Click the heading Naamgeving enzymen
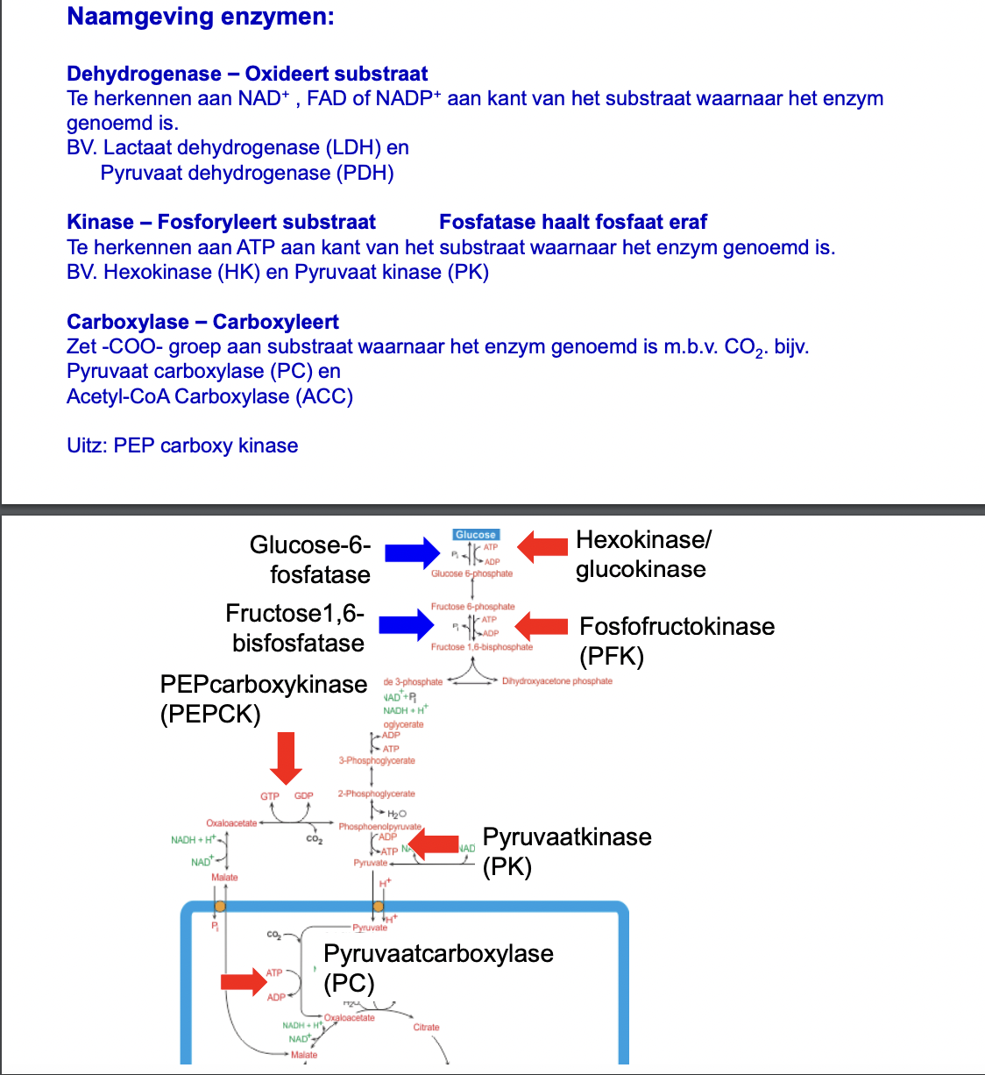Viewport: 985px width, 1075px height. [200, 17]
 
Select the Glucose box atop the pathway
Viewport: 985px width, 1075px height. [476, 535]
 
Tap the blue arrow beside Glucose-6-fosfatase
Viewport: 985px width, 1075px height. [412, 552]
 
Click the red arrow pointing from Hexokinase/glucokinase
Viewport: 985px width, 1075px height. [542, 546]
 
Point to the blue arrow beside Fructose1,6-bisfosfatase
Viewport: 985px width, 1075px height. [407, 625]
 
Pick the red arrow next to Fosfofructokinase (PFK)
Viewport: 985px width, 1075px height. [541, 626]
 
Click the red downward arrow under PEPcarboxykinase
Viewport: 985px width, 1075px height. [286, 758]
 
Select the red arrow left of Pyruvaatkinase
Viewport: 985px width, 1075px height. [435, 845]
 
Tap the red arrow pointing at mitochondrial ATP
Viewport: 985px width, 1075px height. [243, 980]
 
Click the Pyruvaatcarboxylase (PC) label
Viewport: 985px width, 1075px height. [437, 967]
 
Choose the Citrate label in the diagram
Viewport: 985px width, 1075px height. [426, 1027]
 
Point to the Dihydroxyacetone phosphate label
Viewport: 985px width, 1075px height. [557, 681]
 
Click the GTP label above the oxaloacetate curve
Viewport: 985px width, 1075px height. [270, 796]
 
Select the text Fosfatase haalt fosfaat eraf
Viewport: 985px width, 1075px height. [572, 222]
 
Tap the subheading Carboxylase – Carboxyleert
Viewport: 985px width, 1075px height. [202, 322]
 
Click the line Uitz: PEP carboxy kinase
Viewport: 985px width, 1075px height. [182, 445]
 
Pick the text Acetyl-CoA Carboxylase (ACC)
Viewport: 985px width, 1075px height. [209, 396]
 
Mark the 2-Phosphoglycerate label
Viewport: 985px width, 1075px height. [377, 794]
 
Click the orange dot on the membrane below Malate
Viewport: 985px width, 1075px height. [220, 907]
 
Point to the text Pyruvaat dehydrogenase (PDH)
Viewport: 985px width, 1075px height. [247, 173]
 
